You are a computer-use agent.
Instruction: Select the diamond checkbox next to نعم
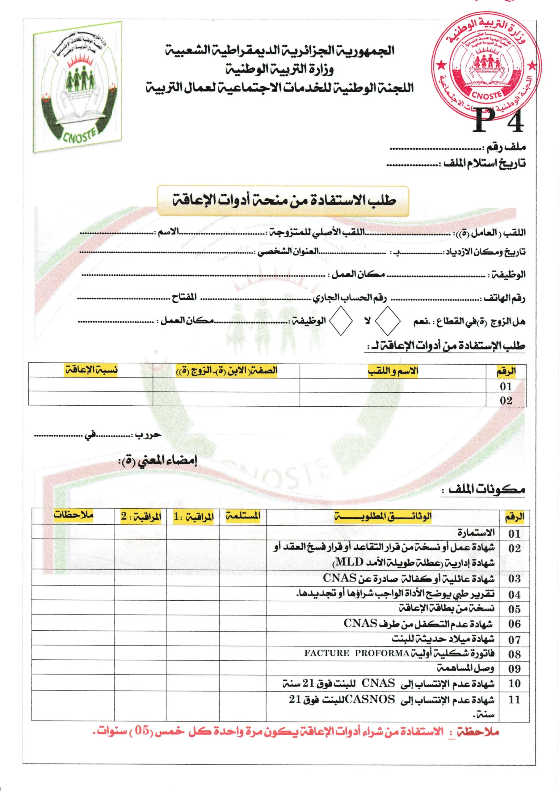coord(388,321)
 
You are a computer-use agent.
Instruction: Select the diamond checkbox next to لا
coord(341,321)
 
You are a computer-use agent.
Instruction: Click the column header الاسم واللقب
coord(393,371)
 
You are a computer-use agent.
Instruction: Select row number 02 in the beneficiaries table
coord(506,400)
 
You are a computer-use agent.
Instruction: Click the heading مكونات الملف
coord(486,489)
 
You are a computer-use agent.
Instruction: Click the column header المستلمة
coord(243,516)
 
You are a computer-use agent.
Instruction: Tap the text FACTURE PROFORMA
coord(356,653)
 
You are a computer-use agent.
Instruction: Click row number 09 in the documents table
coord(514,669)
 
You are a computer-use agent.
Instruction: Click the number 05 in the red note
coord(141,730)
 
